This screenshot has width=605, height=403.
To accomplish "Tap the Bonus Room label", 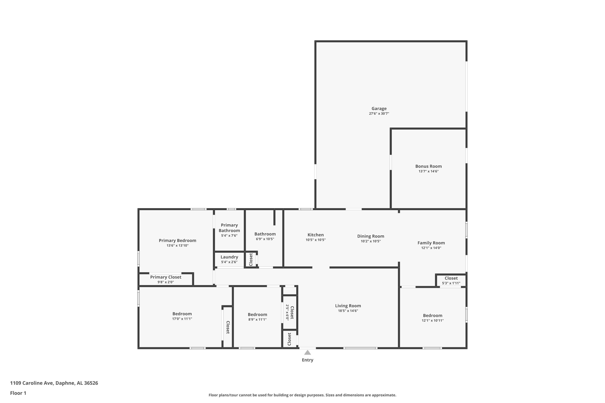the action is pos(428,166).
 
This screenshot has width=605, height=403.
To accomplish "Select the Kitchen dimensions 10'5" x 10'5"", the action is pos(316,240).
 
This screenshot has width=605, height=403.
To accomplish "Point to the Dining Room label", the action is pos(371,236).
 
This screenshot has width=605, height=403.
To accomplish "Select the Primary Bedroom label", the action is pos(177,241).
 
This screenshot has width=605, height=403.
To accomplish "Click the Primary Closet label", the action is pos(166,277).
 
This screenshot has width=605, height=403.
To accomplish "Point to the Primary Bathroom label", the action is pos(229,228).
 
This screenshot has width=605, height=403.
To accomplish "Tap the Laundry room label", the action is pos(229,257).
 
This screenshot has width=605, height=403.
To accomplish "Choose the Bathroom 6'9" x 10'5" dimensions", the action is pos(265,239).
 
